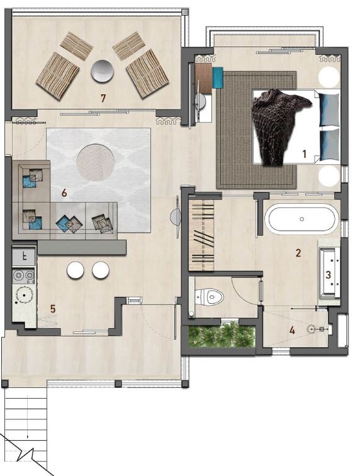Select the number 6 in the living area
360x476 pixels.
[64, 194]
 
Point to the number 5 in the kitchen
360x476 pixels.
[53, 308]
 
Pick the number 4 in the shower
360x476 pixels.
[292, 329]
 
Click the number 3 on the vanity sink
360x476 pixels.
[328, 274]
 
